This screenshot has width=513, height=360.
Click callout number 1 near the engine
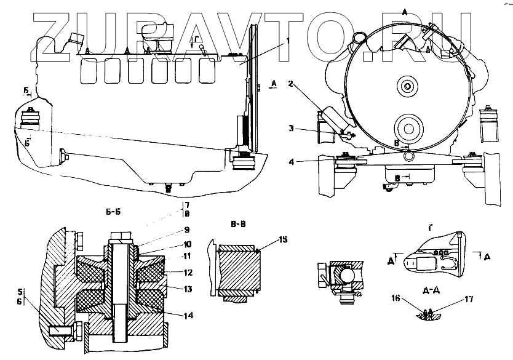pyautogui.click(x=287, y=41)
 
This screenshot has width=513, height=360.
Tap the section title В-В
pyautogui.click(x=236, y=224)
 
